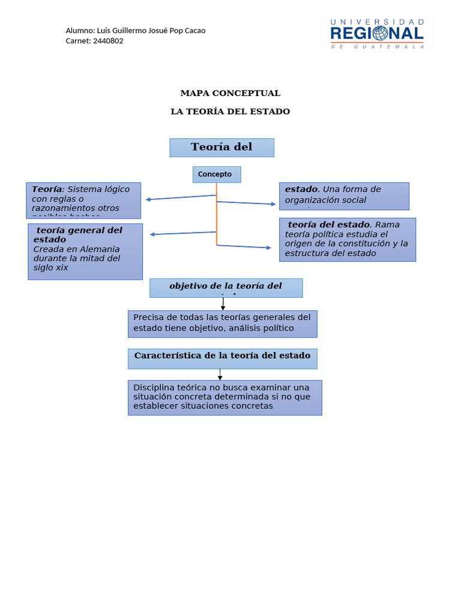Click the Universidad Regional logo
tap(377, 34)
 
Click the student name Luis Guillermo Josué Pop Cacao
tap(151, 31)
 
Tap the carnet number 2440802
tap(108, 41)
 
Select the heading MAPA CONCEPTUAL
tap(230, 93)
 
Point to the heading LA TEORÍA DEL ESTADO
tap(230, 112)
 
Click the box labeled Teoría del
tap(221, 148)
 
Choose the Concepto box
tap(216, 175)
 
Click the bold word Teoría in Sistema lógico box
tap(47, 189)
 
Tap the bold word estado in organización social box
tap(301, 190)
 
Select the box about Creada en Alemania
tap(85, 252)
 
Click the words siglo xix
tap(50, 268)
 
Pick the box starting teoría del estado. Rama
tap(347, 240)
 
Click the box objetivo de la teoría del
tap(226, 288)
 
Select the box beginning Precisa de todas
tap(222, 324)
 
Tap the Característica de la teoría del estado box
tap(222, 359)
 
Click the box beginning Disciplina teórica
tap(224, 397)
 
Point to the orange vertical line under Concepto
tap(217, 216)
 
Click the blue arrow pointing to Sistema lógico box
tap(180, 198)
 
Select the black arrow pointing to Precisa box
tap(223, 304)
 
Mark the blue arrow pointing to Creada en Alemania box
tap(183, 233)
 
